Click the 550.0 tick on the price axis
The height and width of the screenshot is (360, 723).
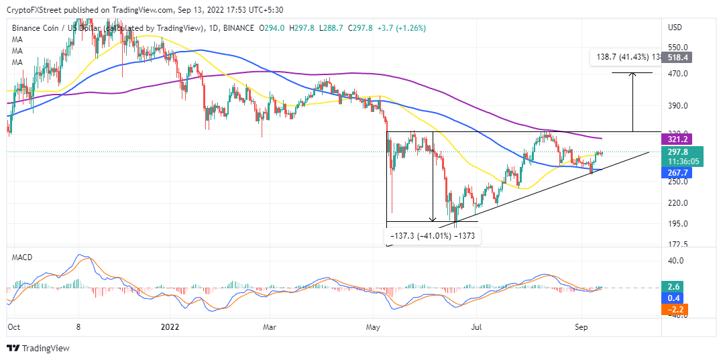677,48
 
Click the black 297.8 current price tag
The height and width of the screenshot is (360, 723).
677,152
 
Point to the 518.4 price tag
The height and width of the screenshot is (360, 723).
677,58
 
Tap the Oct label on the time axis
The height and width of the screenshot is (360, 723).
13,327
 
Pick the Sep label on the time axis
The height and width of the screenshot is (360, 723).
581,327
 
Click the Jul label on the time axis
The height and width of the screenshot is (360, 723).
477,327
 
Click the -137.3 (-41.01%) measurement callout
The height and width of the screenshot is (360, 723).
433,235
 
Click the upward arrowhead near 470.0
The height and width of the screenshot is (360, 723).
632,74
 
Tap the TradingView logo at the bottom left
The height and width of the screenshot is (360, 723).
38,349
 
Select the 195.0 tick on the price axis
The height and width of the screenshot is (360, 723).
677,224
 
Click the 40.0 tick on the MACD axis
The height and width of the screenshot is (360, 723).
675,261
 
